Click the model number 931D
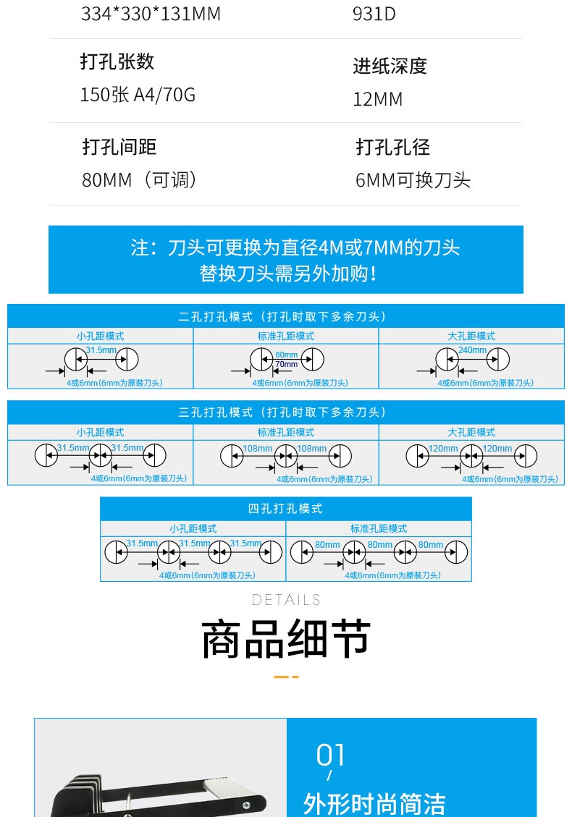pyautogui.click(x=374, y=14)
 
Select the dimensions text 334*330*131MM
pyautogui.click(x=151, y=14)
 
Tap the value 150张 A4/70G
pyautogui.click(x=138, y=95)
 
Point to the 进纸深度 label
pyautogui.click(x=390, y=66)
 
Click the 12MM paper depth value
pyautogui.click(x=377, y=99)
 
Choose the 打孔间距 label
pyautogui.click(x=119, y=147)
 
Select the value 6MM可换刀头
pyautogui.click(x=413, y=180)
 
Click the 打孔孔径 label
pyautogui.click(x=392, y=147)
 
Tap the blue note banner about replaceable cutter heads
pyautogui.click(x=285, y=260)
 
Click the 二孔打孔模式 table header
pyautogui.click(x=285, y=316)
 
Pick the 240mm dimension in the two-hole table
pyautogui.click(x=472, y=350)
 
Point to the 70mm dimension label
pyautogui.click(x=286, y=365)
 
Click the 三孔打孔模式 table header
pyautogui.click(x=285, y=412)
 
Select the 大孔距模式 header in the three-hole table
pyautogui.click(x=471, y=432)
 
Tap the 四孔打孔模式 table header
pyautogui.click(x=285, y=509)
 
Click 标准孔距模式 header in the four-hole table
pyautogui.click(x=379, y=528)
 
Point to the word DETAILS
pyautogui.click(x=286, y=600)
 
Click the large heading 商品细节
pyautogui.click(x=286, y=639)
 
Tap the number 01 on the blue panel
pyautogui.click(x=330, y=755)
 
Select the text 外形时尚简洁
pyautogui.click(x=374, y=803)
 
